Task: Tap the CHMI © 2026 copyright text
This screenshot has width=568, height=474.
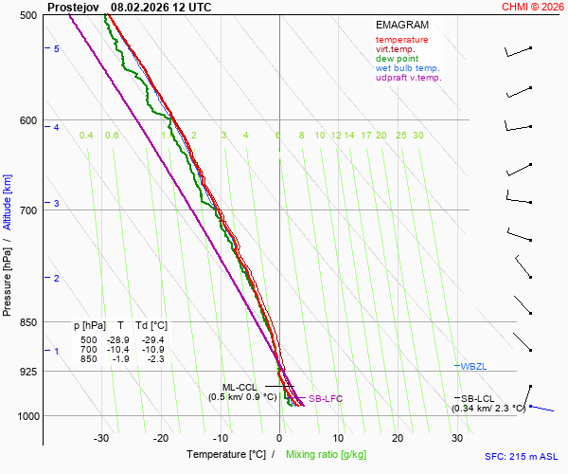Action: [x=533, y=7]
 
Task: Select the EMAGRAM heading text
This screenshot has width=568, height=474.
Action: [x=401, y=24]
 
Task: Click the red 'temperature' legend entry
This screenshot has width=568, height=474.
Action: [x=401, y=40]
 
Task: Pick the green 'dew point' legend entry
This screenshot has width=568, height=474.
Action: [x=397, y=59]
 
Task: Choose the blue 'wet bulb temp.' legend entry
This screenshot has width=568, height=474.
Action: [x=407, y=68]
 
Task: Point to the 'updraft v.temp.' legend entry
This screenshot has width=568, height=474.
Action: [x=408, y=78]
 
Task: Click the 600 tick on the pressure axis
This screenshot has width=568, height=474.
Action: [x=27, y=120]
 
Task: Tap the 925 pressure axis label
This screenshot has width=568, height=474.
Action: [x=27, y=371]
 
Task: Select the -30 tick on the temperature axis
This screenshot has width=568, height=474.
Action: [x=101, y=438]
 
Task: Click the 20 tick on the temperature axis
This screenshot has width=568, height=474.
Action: [x=398, y=438]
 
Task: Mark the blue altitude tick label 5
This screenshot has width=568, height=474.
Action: [x=57, y=48]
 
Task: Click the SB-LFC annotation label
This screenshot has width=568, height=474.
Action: [x=326, y=399]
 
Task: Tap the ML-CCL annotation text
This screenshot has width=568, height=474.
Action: [x=240, y=387]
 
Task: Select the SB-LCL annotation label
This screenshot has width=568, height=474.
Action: [x=478, y=398]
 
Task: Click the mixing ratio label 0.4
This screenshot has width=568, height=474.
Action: [x=86, y=136]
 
